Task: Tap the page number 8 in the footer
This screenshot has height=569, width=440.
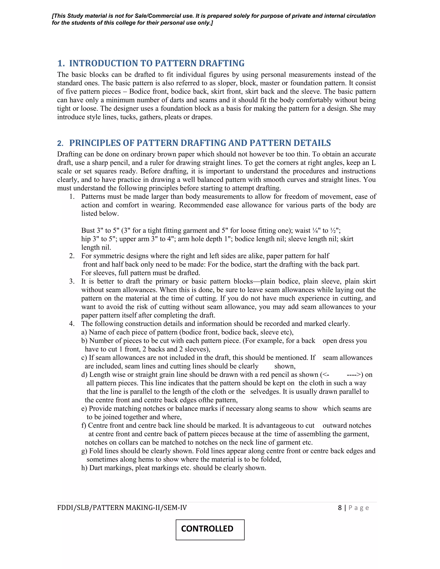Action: (x=340, y=508)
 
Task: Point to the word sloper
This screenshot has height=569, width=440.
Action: (x=228, y=83)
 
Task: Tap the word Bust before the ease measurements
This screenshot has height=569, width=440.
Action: (x=88, y=231)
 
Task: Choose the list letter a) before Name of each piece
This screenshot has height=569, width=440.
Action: (x=84, y=332)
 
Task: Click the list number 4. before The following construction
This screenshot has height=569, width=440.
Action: (x=72, y=324)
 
